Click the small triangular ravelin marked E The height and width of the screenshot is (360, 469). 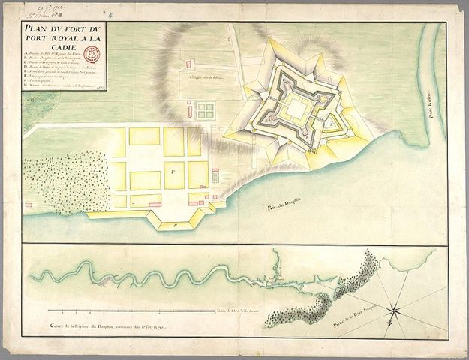(x=329, y=123)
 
